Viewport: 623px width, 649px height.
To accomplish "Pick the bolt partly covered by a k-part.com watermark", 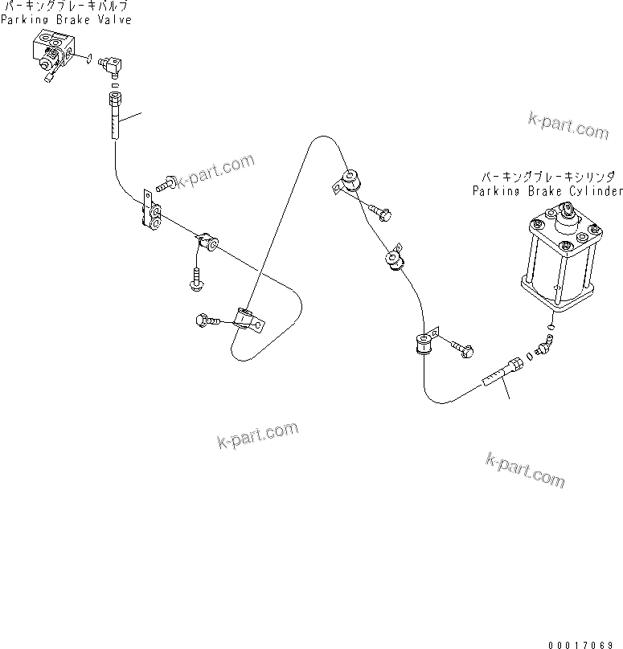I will click(168, 184).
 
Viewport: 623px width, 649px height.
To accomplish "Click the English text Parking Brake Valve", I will click(66, 19).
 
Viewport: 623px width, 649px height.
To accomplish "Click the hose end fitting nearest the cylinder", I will click(504, 370).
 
